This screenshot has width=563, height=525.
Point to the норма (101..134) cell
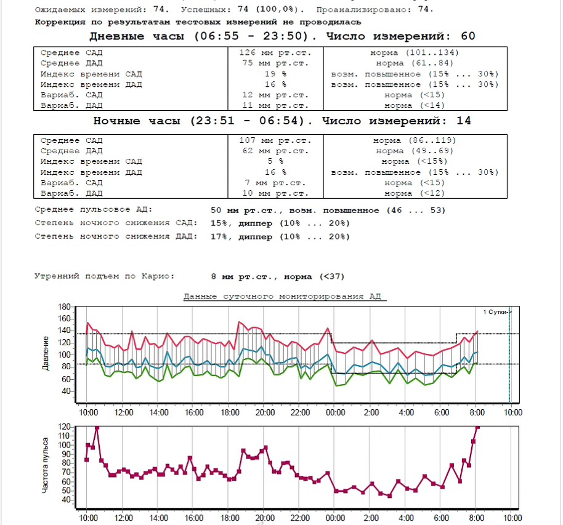pyautogui.click(x=415, y=52)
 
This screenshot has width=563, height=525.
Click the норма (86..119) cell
pyautogui.click(x=415, y=140)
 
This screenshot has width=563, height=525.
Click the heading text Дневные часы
pyautogui.click(x=139, y=36)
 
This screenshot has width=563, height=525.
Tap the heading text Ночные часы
pyautogui.click(x=139, y=121)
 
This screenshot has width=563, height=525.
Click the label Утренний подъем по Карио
pyautogui.click(x=104, y=276)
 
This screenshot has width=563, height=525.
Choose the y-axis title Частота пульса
pyautogui.click(x=47, y=474)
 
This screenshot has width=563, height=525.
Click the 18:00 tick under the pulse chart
pyautogui.click(x=229, y=518)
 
